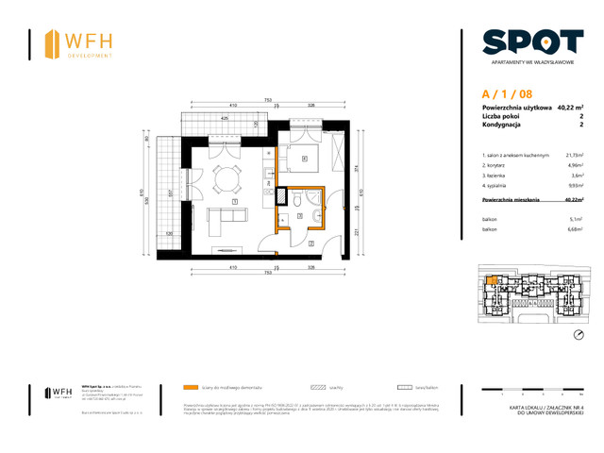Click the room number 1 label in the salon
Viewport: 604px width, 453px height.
tap(234, 201)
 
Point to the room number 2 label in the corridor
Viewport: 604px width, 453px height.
tap(311, 243)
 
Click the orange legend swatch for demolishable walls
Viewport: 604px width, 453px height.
tap(191, 387)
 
